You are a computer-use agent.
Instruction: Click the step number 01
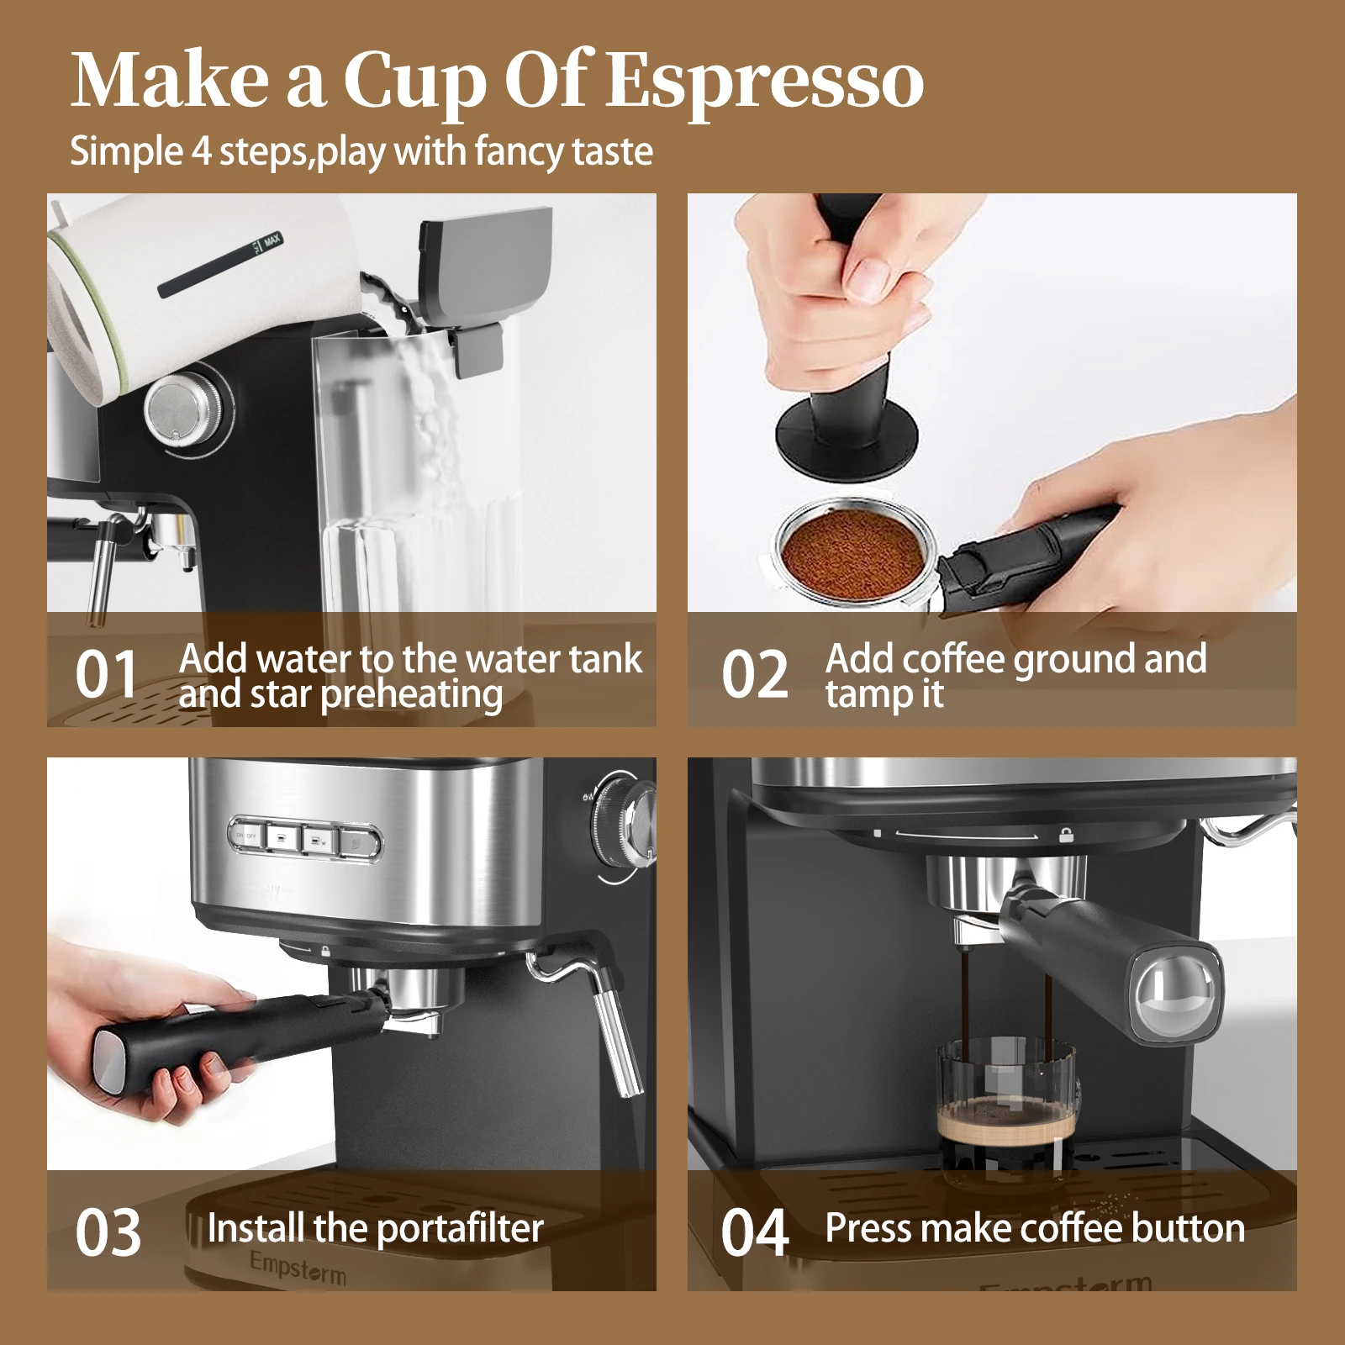[106, 675]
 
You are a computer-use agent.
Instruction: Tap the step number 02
[754, 675]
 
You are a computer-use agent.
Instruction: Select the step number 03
[108, 1233]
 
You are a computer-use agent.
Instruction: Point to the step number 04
[754, 1233]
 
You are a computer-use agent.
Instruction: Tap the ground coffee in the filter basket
[853, 551]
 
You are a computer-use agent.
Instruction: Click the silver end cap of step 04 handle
[1174, 989]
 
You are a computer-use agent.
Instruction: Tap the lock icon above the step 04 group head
[1066, 835]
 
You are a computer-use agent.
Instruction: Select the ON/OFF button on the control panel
[246, 836]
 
